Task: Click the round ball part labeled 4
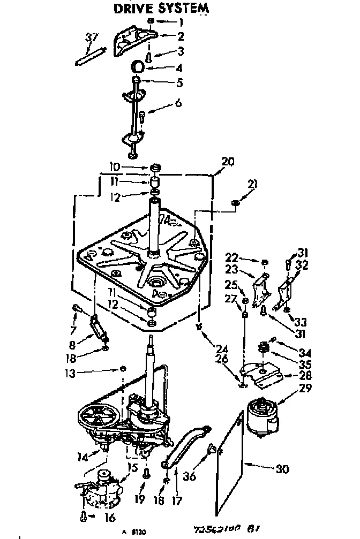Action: (x=138, y=66)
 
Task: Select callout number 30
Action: (x=282, y=469)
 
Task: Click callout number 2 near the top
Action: (x=181, y=36)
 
